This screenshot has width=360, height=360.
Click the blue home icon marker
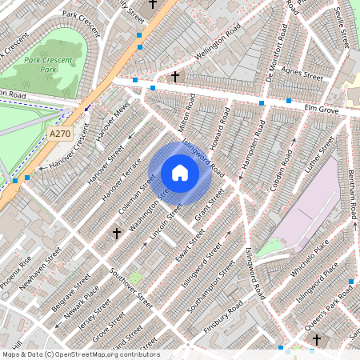pos(180,173)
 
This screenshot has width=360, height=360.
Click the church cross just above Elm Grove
pos(175,76)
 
